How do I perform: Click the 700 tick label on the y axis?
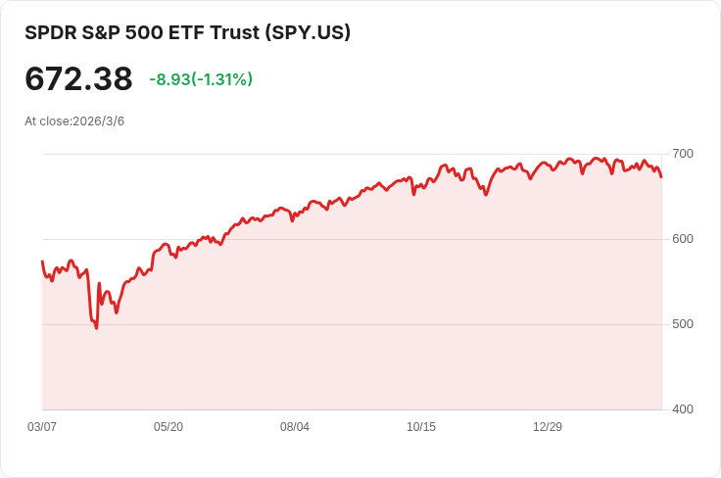click(x=683, y=154)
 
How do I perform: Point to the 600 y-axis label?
click(x=683, y=239)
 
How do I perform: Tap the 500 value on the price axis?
click(x=683, y=324)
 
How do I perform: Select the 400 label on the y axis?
click(x=683, y=409)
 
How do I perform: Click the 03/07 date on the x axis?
click(x=42, y=427)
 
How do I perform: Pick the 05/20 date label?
click(x=168, y=427)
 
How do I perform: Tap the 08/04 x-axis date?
click(x=295, y=427)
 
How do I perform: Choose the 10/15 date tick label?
click(x=421, y=427)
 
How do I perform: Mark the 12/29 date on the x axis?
click(x=548, y=427)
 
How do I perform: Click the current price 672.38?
click(x=78, y=79)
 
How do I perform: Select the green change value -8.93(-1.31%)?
click(x=201, y=79)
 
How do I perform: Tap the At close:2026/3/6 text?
click(x=74, y=121)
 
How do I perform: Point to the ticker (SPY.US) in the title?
click(x=308, y=32)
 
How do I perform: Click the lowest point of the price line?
click(x=96, y=328)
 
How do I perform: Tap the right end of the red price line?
click(x=661, y=177)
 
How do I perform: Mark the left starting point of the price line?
click(x=42, y=262)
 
